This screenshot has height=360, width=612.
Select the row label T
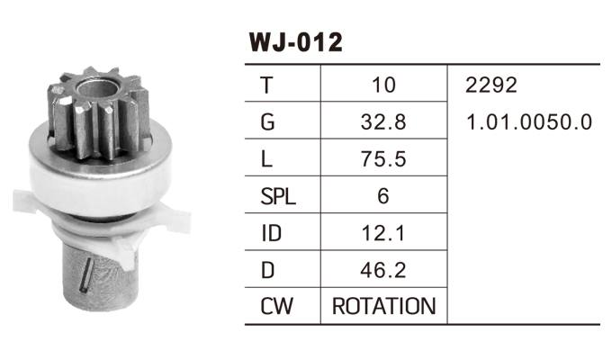click(x=266, y=85)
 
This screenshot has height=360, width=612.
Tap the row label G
click(x=266, y=122)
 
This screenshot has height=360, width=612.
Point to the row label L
click(x=266, y=159)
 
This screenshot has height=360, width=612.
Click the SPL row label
click(x=277, y=196)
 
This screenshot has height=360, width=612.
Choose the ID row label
click(x=270, y=233)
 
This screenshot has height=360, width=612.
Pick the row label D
click(x=267, y=269)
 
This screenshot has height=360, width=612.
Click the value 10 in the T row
click(x=383, y=85)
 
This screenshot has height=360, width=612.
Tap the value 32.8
click(x=383, y=122)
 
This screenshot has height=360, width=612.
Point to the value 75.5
click(x=383, y=159)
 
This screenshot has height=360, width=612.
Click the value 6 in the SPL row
click(x=383, y=196)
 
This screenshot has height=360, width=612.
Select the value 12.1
click(x=383, y=233)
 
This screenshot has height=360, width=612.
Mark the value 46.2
click(x=383, y=269)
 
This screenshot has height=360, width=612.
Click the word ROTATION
click(x=383, y=306)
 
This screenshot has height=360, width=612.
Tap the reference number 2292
click(x=491, y=85)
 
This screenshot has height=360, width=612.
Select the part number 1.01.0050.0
click(x=529, y=122)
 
